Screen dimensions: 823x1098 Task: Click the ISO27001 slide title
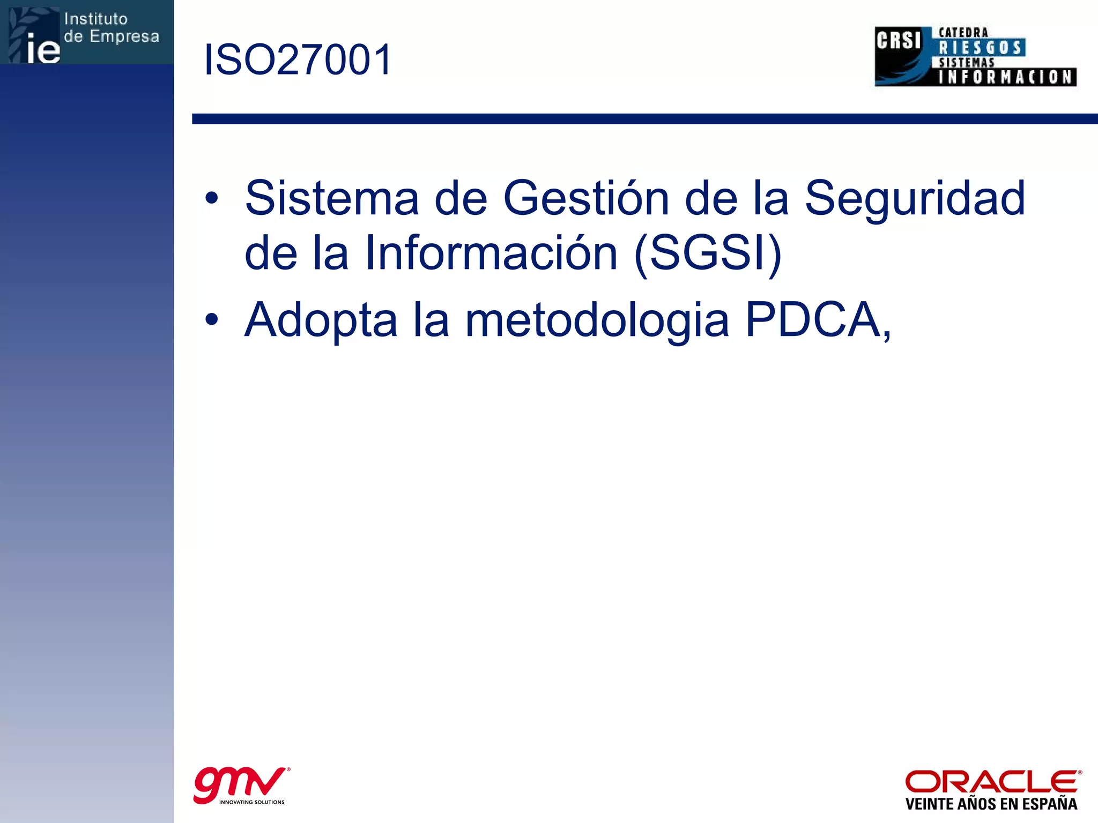(298, 59)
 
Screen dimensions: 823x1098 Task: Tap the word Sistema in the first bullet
(331, 198)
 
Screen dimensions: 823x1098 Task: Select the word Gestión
(586, 198)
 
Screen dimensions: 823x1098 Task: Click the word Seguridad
(915, 198)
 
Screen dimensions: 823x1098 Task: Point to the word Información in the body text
(491, 253)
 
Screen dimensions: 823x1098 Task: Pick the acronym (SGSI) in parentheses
(708, 253)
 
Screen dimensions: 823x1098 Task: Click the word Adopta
(321, 320)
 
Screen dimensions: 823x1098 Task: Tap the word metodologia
(597, 321)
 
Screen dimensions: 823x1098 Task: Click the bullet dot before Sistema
(212, 199)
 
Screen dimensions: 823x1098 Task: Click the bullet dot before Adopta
(212, 320)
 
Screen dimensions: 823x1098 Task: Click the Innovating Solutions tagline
(251, 802)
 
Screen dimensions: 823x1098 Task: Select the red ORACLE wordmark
(992, 782)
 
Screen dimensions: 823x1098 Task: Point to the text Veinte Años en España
(991, 804)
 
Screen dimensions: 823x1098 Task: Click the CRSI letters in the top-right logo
(899, 41)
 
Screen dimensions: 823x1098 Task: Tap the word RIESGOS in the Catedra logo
(981, 48)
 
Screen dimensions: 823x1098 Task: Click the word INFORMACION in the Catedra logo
(1006, 77)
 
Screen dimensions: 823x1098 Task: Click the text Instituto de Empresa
(112, 28)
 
